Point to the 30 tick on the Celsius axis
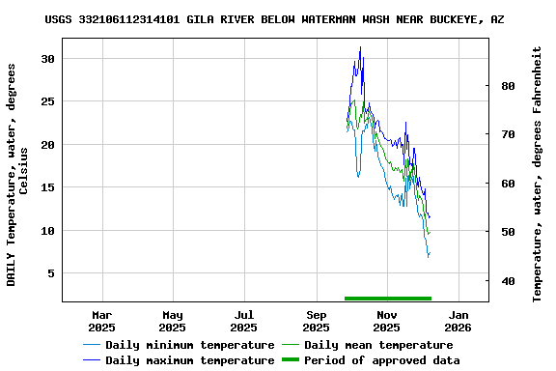point(47,59)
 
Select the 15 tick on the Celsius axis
point(47,187)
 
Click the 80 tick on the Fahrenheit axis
point(507,85)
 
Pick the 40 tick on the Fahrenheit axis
point(507,281)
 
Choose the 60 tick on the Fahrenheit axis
point(507,184)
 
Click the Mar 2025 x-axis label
point(102,321)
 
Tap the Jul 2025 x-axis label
point(245,321)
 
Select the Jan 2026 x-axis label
point(459,321)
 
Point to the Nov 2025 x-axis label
point(387,321)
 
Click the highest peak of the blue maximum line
point(360,47)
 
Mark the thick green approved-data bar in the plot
point(387,299)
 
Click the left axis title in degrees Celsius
point(17,174)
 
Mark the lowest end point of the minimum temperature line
point(428,257)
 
